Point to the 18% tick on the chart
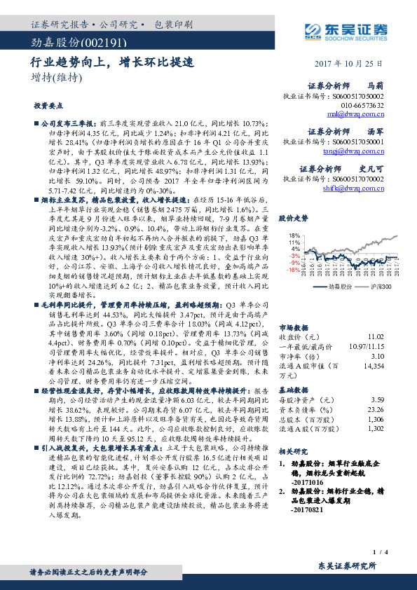pyautogui.click(x=295, y=235)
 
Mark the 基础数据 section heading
pyautogui.click(x=292, y=390)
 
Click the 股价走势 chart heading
pyautogui.click(x=293, y=219)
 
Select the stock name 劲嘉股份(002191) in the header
pyautogui.click(x=68, y=43)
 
